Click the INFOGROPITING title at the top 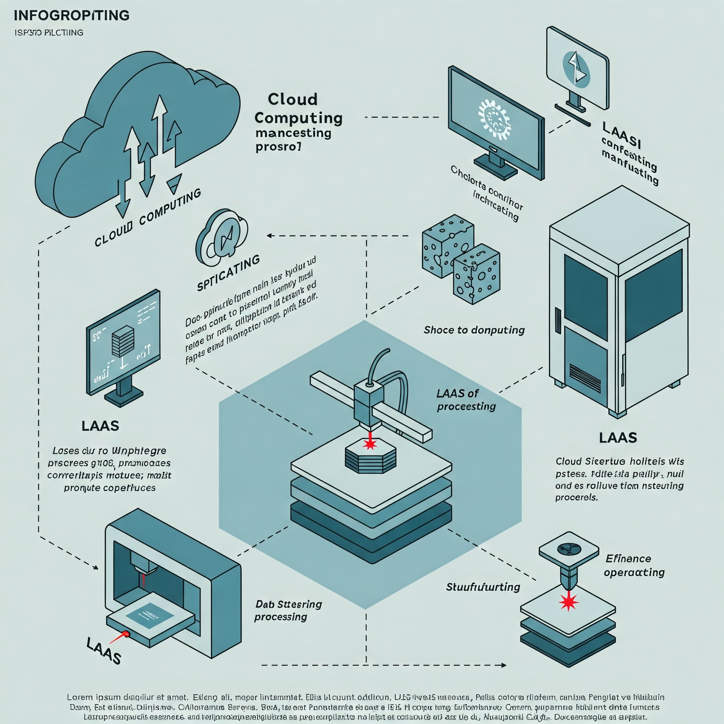click(71, 15)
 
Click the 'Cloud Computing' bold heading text click(298, 109)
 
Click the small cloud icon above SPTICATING click(222, 237)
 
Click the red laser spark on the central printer click(370, 444)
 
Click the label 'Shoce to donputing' click(474, 330)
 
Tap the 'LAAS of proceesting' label click(466, 400)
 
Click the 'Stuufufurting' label click(483, 587)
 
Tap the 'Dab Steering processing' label click(288, 611)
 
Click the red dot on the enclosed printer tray click(126, 634)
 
